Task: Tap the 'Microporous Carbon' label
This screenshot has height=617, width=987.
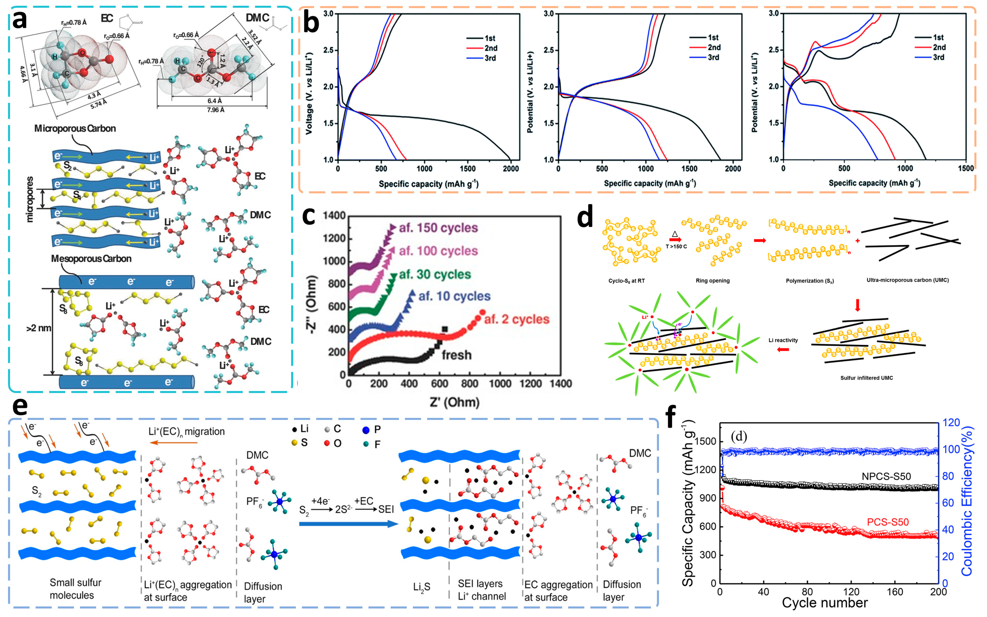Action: [x=75, y=129]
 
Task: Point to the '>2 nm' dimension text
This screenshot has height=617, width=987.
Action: [x=39, y=328]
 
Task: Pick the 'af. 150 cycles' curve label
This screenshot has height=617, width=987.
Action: [x=438, y=228]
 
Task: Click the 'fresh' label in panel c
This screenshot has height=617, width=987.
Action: [x=457, y=355]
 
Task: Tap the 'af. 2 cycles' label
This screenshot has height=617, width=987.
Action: [x=516, y=319]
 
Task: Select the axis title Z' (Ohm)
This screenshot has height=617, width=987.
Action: [x=454, y=402]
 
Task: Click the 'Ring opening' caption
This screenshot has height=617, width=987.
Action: [x=713, y=281]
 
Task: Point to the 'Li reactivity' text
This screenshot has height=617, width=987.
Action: [x=783, y=340]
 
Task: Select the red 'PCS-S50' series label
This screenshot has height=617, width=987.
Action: [x=887, y=522]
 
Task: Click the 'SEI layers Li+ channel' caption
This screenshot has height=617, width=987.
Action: [x=482, y=590]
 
